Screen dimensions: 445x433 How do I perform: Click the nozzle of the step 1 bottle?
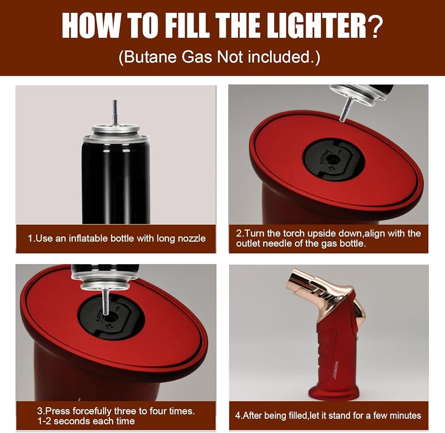click(x=115, y=112)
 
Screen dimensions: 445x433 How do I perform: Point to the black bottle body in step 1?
click(x=116, y=182)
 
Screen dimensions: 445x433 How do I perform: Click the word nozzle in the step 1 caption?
click(x=191, y=239)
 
